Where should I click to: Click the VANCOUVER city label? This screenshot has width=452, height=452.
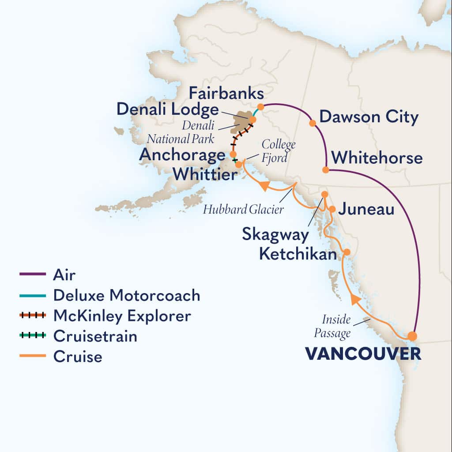pos(362,354)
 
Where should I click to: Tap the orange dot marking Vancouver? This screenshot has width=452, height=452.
pos(412,336)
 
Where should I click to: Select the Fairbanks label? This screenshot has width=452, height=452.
pos(226,94)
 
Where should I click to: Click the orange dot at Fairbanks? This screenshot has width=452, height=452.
pos(261,106)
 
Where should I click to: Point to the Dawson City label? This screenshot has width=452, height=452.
pos(369,117)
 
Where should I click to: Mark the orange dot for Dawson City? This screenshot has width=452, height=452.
pos(313,123)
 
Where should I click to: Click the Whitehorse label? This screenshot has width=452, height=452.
pos(377,158)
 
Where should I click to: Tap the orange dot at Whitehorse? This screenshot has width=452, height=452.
pos(325,169)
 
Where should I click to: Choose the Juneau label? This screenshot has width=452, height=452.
pos(366,209)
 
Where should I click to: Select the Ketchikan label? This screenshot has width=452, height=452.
pos(295,254)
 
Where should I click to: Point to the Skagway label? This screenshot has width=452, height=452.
pos(275,235)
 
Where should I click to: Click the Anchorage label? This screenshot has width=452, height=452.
pos(182,155)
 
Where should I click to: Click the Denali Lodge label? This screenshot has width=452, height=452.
pos(168,110)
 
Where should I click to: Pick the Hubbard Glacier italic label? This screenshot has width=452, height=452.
pos(243,210)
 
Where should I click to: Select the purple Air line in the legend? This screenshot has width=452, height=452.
pos(33,275)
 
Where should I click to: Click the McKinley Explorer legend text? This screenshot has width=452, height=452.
pos(122,316)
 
